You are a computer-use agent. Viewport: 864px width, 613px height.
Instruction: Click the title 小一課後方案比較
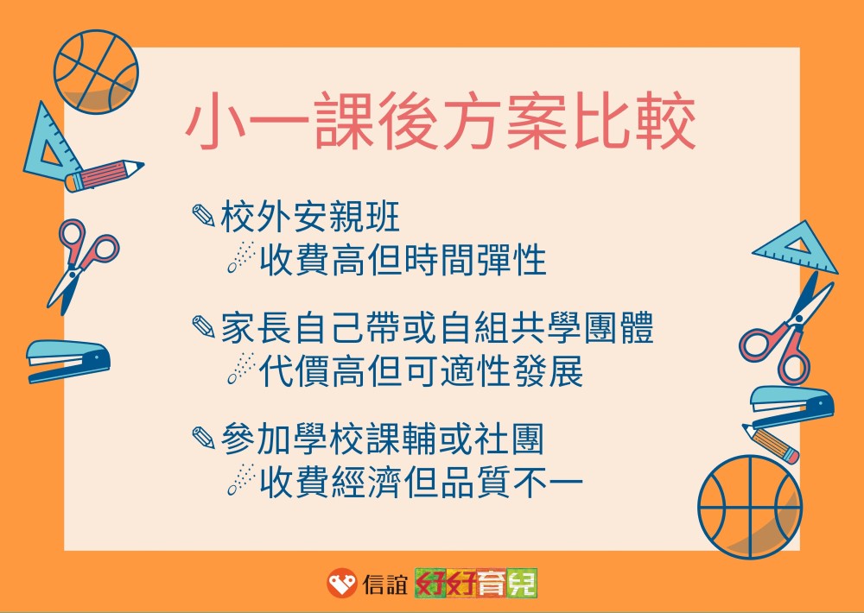[x=441, y=122]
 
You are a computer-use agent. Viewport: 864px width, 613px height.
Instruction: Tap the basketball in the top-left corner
[x=96, y=73]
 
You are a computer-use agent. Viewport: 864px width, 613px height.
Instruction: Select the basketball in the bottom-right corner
[x=750, y=507]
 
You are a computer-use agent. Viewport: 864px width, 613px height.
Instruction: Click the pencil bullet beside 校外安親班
[x=203, y=215]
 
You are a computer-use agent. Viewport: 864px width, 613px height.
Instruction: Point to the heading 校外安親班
[x=310, y=216]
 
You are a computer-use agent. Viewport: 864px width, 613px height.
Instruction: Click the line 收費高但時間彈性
[x=403, y=259]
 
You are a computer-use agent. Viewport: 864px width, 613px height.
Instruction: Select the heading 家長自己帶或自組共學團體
[x=437, y=328]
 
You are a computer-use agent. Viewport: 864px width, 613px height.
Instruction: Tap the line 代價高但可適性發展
[x=421, y=370]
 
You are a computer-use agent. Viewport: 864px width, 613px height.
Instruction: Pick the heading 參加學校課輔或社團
[x=383, y=439]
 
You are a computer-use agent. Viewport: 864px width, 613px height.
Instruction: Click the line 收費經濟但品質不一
[x=421, y=482]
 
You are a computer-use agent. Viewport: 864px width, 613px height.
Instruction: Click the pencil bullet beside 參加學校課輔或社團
[x=203, y=438]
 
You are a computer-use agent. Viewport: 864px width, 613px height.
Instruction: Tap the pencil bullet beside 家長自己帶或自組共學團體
[x=203, y=326]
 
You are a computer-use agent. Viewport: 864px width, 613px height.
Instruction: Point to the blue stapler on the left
[x=68, y=361]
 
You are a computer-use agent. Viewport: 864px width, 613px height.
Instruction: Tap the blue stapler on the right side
[x=792, y=407]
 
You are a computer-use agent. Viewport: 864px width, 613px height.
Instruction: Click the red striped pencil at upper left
[x=104, y=175]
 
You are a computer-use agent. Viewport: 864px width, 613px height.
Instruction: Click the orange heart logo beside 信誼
[x=341, y=583]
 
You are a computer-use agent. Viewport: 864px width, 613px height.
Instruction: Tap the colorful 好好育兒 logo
[x=475, y=583]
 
